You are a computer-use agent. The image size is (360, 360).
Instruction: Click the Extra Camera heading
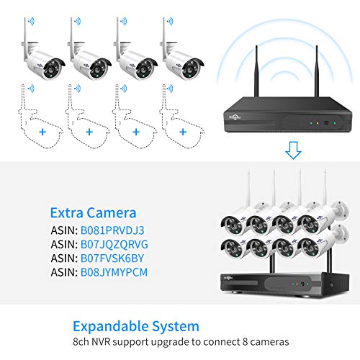93,213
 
